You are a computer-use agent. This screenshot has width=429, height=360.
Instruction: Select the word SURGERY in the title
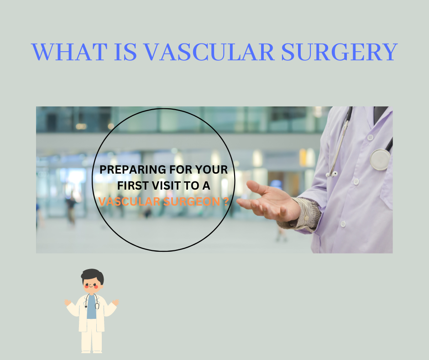coord(339,52)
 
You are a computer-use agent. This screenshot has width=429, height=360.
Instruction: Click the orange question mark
coord(225,201)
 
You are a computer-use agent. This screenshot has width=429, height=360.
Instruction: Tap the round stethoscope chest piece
coord(380,159)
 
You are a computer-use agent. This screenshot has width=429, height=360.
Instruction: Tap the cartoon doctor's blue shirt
coord(92,307)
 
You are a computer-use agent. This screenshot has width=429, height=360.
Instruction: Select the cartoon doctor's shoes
coord(92,351)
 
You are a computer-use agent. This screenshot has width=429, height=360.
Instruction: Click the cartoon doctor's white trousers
coord(92,336)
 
